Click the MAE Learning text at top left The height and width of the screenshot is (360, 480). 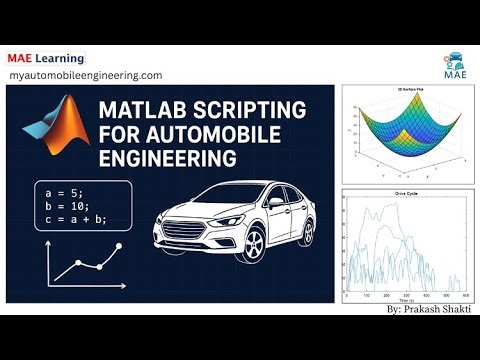[45, 57]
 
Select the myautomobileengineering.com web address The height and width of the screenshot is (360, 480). [85, 75]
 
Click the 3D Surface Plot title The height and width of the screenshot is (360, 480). [405, 92]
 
